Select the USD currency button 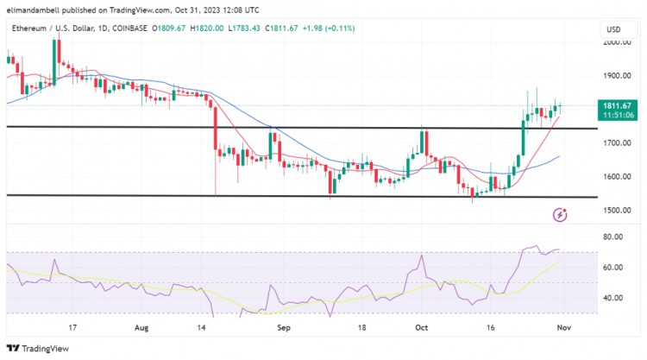614,29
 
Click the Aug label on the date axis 143,328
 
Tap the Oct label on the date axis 421,328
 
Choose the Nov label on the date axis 561,328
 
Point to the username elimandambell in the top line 34,11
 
